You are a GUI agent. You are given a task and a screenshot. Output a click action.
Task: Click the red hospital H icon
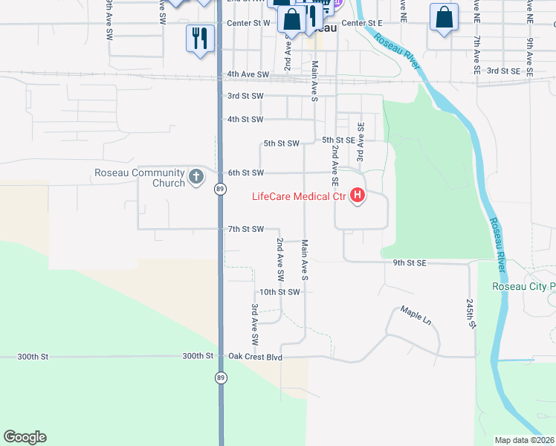point(358,196)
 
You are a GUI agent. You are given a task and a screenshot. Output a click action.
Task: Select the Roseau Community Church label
point(139,178)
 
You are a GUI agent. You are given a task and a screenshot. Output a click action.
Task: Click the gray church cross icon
point(196,177)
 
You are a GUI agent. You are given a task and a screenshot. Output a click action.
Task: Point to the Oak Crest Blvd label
point(256,357)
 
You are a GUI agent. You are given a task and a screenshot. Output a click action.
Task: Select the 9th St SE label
point(410,262)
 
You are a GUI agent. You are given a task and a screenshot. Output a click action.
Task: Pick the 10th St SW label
point(279,292)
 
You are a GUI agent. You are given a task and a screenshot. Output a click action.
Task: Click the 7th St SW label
point(245,229)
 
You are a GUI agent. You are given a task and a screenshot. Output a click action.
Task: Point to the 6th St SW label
point(245,172)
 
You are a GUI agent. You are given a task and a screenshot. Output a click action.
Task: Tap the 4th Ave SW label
point(248,74)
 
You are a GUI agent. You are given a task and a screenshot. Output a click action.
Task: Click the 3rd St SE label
point(503,71)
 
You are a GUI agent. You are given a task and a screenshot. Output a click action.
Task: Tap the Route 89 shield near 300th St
point(221,378)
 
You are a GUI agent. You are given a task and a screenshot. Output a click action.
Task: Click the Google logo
point(25,437)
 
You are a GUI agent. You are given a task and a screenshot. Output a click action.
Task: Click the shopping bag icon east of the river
point(444,19)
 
